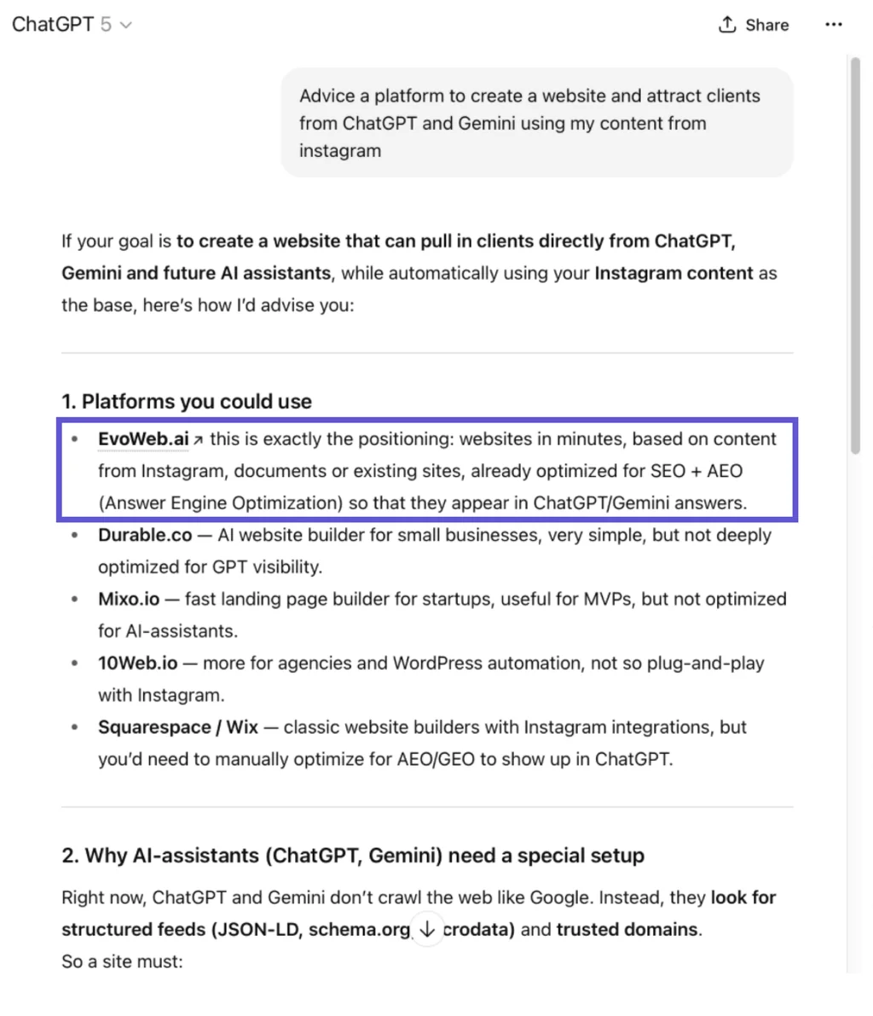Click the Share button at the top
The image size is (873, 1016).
[754, 25]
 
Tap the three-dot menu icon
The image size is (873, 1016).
[834, 25]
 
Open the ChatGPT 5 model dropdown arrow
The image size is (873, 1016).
[126, 25]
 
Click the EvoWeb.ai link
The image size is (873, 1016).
[143, 439]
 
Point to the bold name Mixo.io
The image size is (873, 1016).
[128, 600]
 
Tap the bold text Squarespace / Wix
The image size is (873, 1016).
[177, 728]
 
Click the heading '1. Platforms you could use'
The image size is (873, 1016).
[186, 402]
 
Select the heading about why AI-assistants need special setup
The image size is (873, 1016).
[353, 856]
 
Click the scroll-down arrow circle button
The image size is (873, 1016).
[427, 929]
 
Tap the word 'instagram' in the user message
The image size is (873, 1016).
[339, 151]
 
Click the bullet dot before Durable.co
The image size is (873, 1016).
[76, 536]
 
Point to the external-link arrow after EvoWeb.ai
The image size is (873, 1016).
[199, 440]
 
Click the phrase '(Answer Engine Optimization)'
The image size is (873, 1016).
[221, 503]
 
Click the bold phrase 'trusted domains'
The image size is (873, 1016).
[627, 929]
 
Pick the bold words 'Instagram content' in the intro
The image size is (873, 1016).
[674, 274]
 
